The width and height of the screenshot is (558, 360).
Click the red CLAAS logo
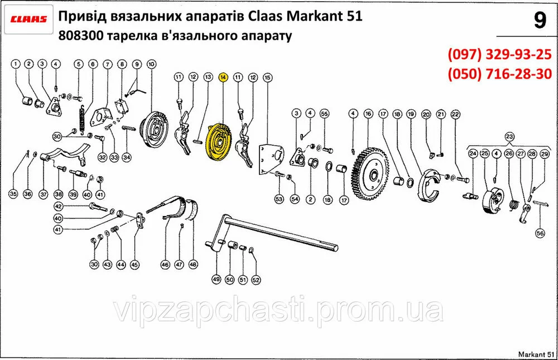28,19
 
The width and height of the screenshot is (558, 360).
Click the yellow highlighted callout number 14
223,77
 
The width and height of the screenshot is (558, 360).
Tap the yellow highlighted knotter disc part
219,142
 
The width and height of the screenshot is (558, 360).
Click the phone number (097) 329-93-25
499,55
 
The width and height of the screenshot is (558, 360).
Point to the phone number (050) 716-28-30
499,74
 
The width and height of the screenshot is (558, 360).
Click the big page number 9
540,21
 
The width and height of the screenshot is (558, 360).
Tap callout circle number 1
15,64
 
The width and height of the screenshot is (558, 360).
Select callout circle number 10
151,64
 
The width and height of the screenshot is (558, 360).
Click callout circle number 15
267,77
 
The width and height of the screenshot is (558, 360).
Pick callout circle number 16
368,114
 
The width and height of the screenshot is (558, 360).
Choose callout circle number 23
509,137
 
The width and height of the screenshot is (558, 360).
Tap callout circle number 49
217,280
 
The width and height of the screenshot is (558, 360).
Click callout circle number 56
540,233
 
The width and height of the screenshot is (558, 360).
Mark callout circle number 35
13,194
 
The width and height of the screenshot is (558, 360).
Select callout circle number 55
324,114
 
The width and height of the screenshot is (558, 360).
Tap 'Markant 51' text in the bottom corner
536,354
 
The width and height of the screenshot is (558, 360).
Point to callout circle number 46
165,265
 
